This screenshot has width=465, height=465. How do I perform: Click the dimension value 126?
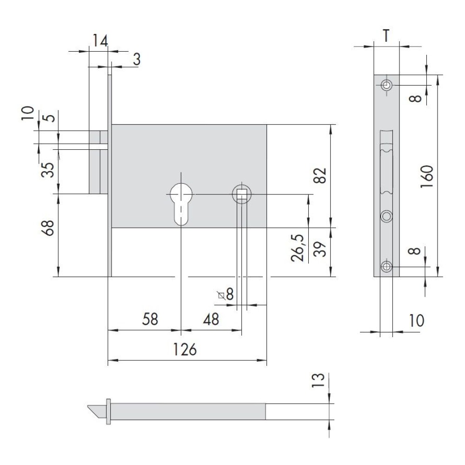(185, 349)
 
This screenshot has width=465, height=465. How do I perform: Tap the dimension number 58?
(150, 319)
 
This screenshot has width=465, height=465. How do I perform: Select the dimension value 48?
(211, 319)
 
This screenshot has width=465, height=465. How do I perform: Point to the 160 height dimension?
(427, 176)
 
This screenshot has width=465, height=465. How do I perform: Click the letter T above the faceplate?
(386, 36)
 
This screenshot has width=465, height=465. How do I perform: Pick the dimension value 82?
(320, 176)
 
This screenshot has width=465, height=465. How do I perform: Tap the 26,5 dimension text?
(298, 248)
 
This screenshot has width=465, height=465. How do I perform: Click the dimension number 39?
(320, 249)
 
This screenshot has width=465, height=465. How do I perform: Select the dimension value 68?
(48, 228)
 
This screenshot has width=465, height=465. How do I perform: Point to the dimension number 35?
(48, 170)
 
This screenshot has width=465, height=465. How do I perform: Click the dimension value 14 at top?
(100, 40)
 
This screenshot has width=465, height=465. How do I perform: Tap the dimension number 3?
(136, 59)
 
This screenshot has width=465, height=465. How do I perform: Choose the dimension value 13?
(318, 380)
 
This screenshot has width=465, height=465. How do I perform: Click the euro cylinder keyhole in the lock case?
(181, 204)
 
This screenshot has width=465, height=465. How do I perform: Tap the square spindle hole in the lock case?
(242, 194)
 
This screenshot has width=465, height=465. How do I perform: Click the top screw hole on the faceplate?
(386, 86)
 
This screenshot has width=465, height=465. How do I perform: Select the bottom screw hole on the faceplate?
(386, 266)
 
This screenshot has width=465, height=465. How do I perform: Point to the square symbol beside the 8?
(221, 295)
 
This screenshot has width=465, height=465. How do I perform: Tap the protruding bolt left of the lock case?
(99, 162)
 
